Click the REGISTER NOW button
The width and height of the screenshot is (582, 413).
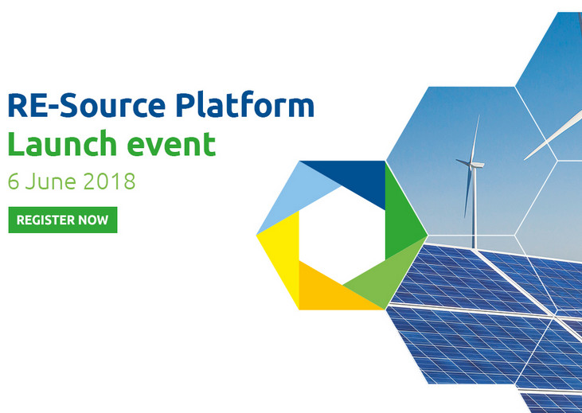[63, 220]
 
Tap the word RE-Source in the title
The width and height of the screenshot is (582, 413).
[87, 106]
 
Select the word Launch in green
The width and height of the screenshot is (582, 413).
[62, 143]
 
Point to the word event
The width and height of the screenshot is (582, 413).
[171, 145]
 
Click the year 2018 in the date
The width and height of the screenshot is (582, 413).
[109, 181]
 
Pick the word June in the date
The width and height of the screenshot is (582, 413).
[50, 181]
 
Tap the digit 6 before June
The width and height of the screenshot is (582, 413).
[14, 181]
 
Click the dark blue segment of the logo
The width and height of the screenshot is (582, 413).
[357, 177]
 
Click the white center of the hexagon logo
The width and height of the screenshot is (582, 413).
[342, 236]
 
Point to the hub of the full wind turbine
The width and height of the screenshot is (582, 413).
[472, 166]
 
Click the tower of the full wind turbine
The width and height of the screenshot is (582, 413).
[474, 208]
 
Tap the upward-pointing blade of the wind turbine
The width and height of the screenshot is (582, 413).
[475, 138]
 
